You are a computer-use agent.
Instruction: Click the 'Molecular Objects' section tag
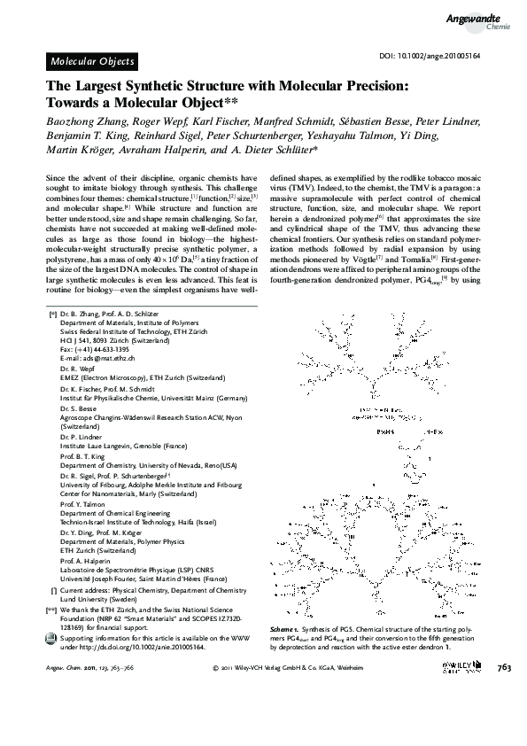(x=92, y=61)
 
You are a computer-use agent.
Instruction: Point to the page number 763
(x=505, y=668)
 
